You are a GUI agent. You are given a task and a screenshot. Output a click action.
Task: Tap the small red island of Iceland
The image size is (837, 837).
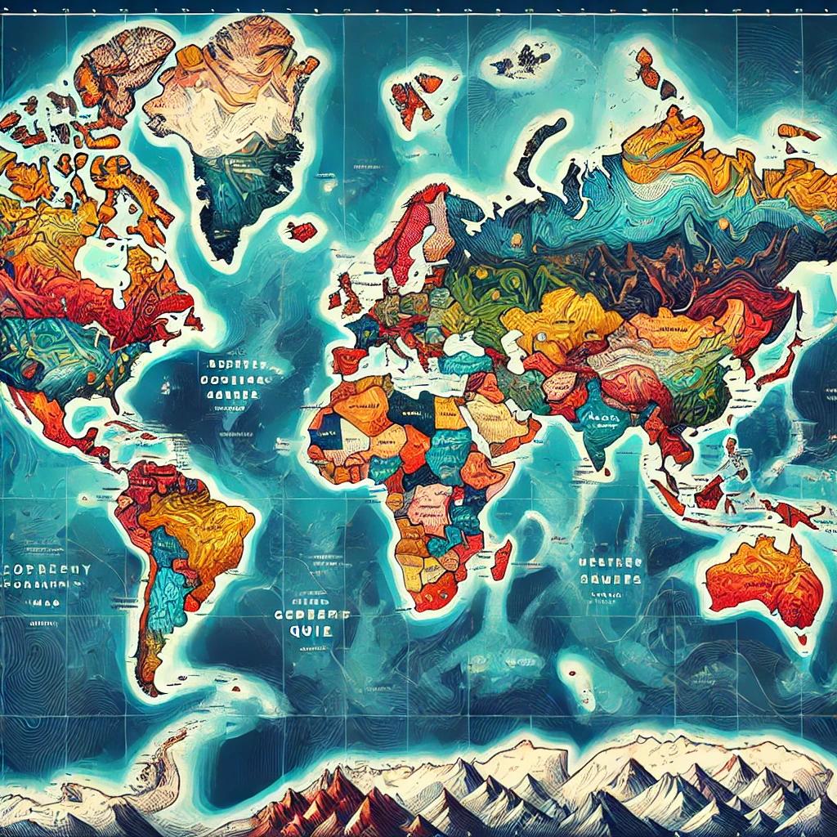click(x=302, y=231)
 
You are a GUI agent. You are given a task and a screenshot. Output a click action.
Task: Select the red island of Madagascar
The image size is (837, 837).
click(x=501, y=559)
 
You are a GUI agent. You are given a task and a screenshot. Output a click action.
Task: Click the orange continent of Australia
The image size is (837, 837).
click(x=764, y=576)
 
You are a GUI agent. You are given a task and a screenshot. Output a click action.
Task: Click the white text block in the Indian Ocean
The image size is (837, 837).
click(x=608, y=569)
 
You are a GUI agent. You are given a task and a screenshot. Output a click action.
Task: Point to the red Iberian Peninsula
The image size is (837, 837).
click(x=348, y=360)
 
